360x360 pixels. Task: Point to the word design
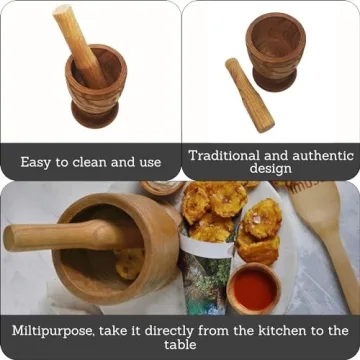[270, 168]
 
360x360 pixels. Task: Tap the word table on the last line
[180, 344]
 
